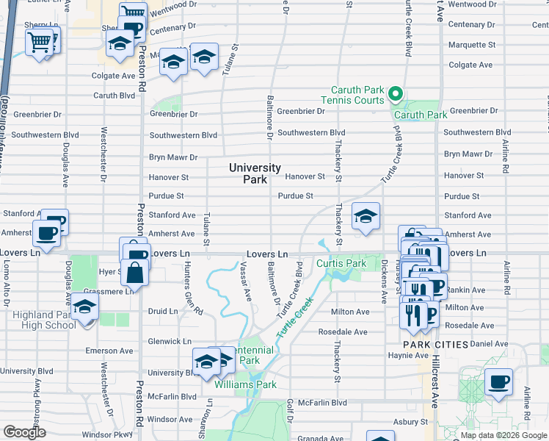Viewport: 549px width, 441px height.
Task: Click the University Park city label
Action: point(254,173)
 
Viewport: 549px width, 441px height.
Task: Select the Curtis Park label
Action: point(341,263)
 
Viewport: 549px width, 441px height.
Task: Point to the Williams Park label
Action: point(245,384)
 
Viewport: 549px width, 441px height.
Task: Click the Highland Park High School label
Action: point(44,320)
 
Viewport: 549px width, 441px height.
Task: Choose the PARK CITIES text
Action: point(435,344)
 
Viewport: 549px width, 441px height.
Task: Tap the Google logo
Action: point(24,432)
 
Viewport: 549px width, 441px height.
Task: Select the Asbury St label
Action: point(410,422)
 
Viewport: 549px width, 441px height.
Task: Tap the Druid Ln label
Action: point(163,311)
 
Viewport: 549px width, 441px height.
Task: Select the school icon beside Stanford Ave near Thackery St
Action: point(366,216)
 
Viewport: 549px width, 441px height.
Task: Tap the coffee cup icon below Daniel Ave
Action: point(498,381)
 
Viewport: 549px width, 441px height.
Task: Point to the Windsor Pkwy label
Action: point(102,434)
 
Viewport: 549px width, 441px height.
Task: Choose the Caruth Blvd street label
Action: point(114,96)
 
